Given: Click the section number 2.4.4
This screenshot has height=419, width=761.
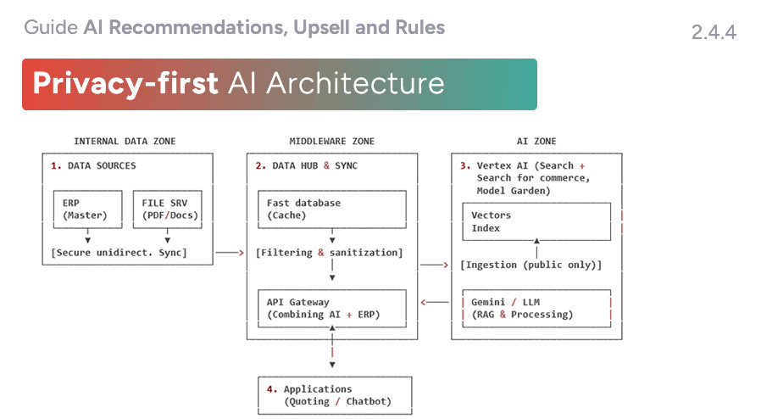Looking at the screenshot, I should (714, 33).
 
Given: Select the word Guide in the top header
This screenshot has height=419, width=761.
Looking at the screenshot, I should (51, 27).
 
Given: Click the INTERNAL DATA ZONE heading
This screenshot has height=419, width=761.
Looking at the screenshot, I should (125, 141).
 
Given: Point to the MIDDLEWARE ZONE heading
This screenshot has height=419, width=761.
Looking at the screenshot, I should (331, 141).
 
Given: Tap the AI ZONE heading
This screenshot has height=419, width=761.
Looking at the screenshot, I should (536, 141).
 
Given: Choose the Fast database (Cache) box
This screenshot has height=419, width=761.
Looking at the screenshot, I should (332, 209).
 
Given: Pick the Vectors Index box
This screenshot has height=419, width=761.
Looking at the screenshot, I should (536, 222).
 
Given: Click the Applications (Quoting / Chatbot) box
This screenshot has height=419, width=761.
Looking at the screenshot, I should (336, 395).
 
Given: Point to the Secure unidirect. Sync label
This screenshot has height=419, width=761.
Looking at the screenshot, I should (119, 253).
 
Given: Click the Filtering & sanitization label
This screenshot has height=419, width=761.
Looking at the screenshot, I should (329, 253).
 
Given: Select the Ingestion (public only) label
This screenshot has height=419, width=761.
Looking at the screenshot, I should (530, 265).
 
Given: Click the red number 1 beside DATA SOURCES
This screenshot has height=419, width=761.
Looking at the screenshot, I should (54, 166).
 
